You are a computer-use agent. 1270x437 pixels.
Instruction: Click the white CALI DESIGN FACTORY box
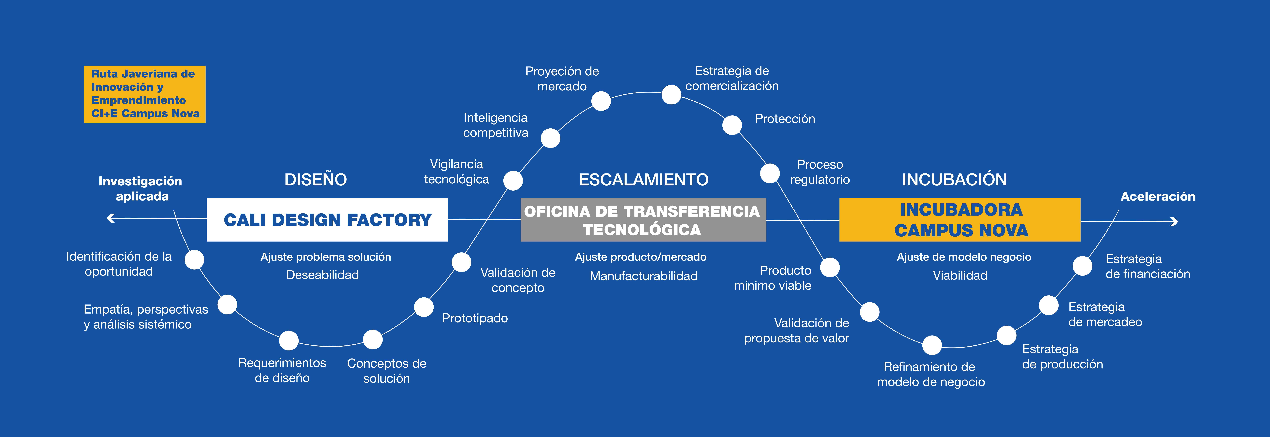[327, 220]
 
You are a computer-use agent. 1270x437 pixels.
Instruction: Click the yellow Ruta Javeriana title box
[144, 94]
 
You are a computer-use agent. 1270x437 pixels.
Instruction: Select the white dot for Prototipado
[424, 307]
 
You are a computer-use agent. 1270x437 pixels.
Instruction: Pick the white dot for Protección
[732, 125]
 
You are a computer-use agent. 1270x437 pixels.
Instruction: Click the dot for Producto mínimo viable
[830, 268]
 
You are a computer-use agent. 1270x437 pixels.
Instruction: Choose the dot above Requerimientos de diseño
[289, 340]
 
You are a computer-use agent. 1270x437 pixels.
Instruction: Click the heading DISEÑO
[315, 179]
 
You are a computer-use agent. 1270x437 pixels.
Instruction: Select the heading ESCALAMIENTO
[643, 179]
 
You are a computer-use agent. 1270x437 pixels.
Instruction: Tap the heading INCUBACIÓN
[954, 179]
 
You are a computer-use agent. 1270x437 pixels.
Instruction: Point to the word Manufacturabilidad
[643, 276]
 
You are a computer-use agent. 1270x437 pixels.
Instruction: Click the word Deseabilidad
[322, 275]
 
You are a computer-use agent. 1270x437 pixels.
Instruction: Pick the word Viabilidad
[960, 275]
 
